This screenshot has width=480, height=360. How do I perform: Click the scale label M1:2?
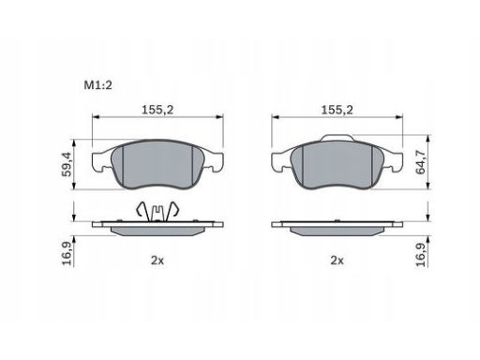(97, 85)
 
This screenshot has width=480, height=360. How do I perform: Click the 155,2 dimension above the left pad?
(157, 110)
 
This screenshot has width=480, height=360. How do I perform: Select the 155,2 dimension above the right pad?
(337, 110)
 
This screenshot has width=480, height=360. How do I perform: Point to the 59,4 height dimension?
(67, 164)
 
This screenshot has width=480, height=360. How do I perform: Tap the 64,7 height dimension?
(421, 162)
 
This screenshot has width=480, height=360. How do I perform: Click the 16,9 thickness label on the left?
(67, 253)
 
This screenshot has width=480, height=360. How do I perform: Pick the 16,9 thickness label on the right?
(421, 254)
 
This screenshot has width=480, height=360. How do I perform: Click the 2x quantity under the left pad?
(157, 261)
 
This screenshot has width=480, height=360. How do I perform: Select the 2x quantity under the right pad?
(337, 261)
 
